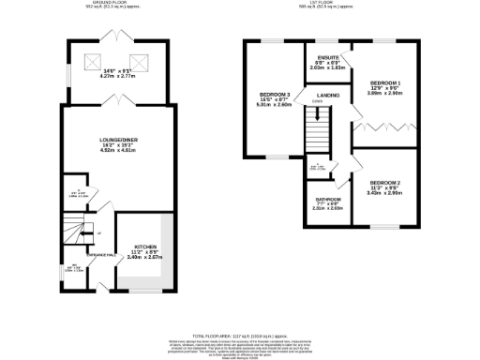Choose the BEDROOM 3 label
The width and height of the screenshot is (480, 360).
pyautogui.click(x=276, y=95)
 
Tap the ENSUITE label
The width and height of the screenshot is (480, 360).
pyautogui.click(x=328, y=58)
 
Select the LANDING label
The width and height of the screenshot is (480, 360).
pyautogui.click(x=328, y=96)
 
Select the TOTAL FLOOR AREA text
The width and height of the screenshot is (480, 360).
pyautogui.click(x=239, y=335)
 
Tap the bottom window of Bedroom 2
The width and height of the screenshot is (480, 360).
pyautogui.click(x=384, y=227)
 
